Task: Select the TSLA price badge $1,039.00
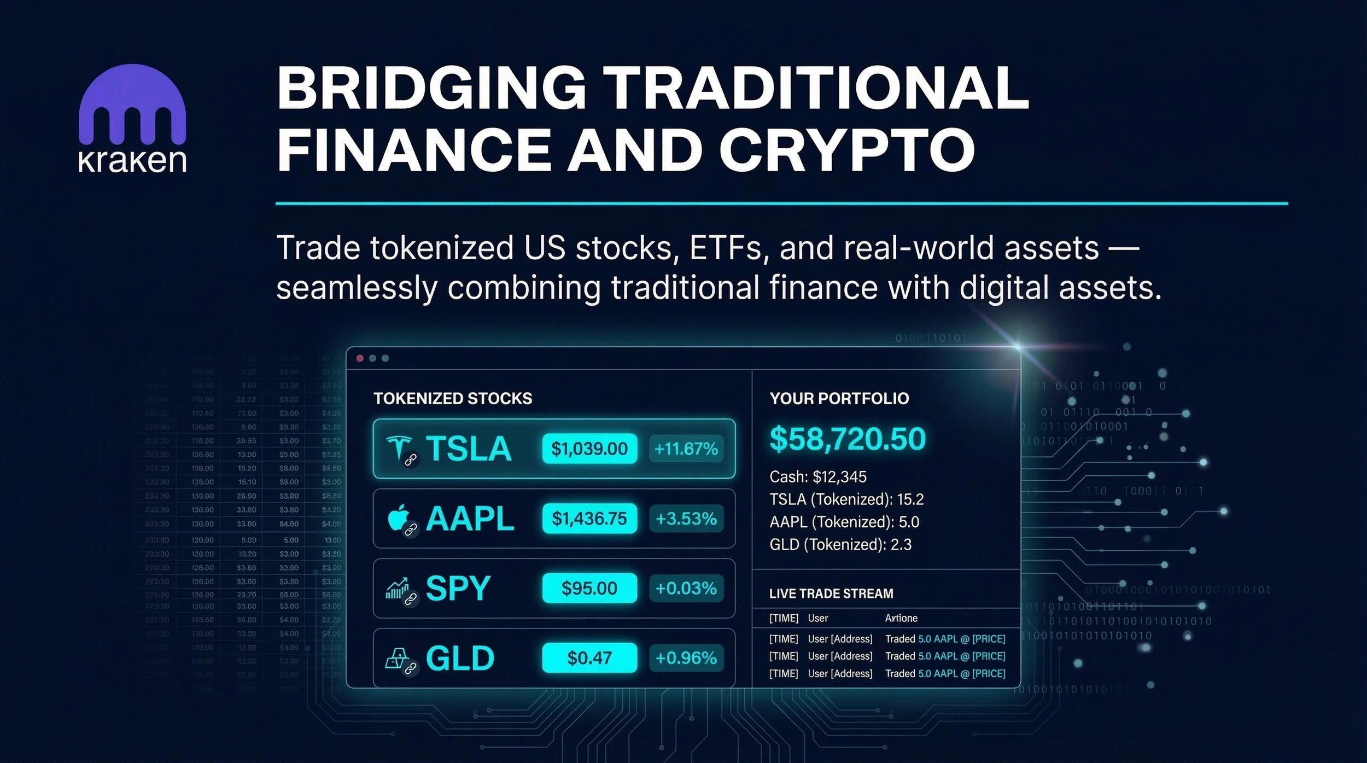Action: (x=589, y=449)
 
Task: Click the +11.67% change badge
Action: (x=686, y=449)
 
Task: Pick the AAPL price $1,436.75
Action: (x=589, y=519)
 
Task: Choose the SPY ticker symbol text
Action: (x=458, y=589)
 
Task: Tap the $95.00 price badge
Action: (x=589, y=589)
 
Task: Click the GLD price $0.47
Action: (x=589, y=658)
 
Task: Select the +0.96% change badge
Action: (x=686, y=658)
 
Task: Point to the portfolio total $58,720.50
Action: (x=847, y=439)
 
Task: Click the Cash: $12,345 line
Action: (x=817, y=477)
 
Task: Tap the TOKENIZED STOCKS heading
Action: (x=453, y=398)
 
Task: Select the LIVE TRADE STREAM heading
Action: (x=831, y=593)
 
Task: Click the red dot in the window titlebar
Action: (x=360, y=358)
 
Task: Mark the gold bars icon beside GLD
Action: (x=396, y=657)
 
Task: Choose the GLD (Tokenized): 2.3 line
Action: (x=840, y=545)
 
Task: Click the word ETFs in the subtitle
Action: (x=726, y=248)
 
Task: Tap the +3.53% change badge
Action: (x=686, y=519)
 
